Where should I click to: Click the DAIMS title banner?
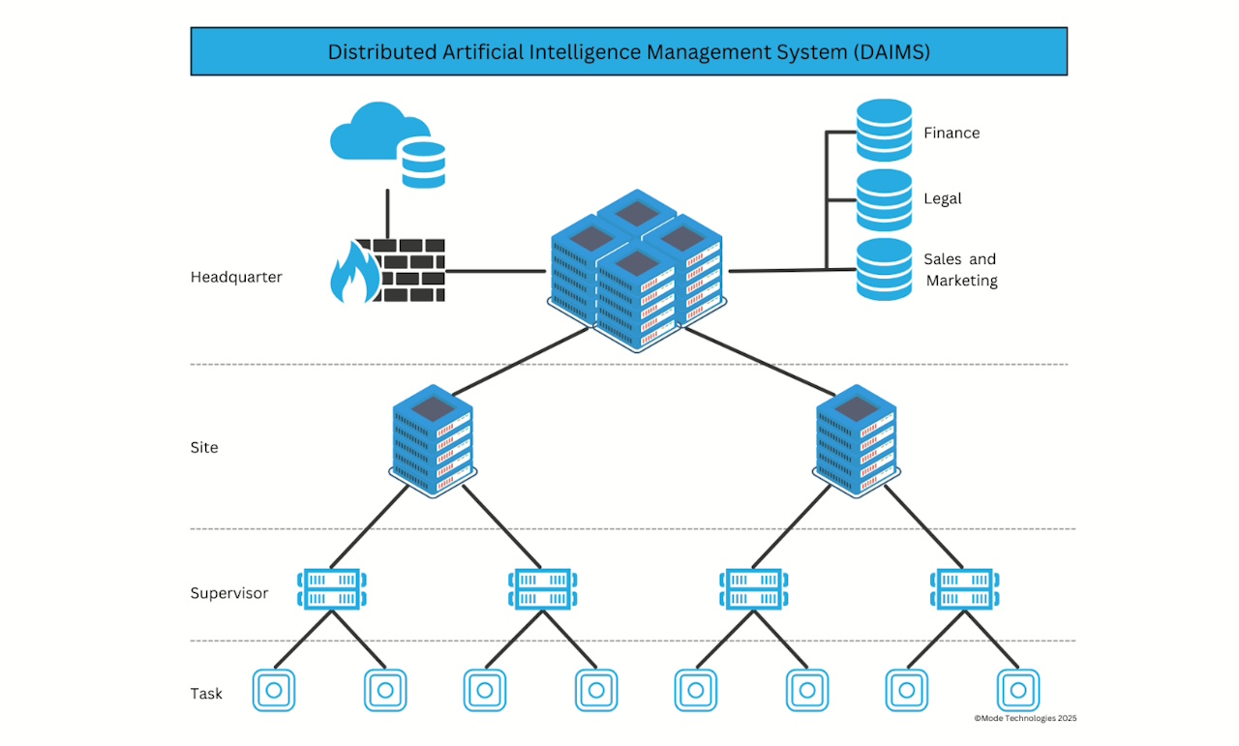628,51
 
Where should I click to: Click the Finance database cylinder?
884,131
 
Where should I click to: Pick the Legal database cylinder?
884,199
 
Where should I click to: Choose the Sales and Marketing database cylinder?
884,269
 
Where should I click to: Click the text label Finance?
951,133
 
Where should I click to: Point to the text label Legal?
942,198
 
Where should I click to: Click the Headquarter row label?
236,277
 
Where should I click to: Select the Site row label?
204,448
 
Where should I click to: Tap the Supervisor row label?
228,593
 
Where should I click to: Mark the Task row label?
206,693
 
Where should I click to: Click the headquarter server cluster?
636,271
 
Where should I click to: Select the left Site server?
432,441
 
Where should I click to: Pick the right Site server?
856,441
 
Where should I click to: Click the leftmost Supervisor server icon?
331,589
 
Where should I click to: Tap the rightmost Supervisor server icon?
964,589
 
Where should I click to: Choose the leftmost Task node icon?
274,691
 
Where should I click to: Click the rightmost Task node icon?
1017,691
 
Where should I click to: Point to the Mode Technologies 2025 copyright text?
1024,718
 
